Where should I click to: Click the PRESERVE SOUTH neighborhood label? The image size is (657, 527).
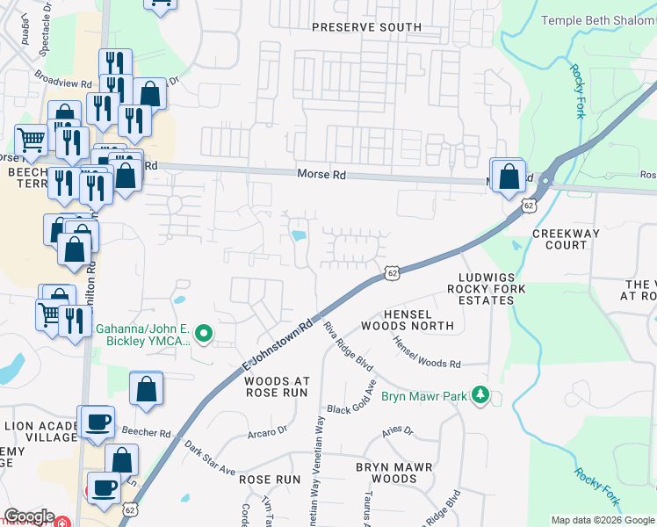point(367,27)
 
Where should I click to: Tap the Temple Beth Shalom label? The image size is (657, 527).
point(598,20)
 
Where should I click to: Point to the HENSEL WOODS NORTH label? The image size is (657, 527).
point(420,320)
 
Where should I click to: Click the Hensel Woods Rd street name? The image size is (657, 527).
point(426,353)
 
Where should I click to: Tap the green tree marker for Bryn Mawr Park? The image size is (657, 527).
point(480,394)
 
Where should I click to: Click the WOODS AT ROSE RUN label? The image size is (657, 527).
point(277,387)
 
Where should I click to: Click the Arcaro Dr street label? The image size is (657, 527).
point(267,431)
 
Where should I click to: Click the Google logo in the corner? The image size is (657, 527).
point(29,516)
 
